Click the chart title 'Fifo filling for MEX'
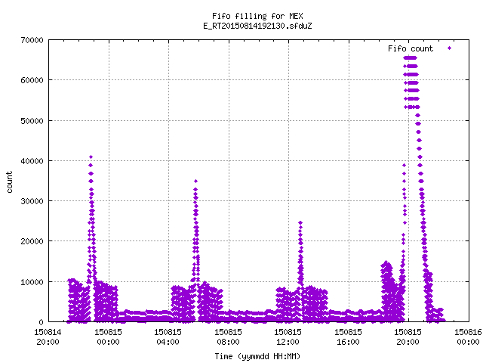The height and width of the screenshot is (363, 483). [257, 16]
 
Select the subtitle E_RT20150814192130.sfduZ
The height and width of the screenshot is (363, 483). [257, 26]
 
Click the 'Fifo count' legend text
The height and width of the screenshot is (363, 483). [411, 48]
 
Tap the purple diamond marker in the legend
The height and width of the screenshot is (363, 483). [450, 48]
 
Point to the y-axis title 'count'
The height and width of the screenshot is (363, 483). [10, 182]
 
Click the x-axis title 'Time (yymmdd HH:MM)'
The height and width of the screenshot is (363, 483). [257, 356]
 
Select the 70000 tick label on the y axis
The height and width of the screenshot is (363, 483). [32, 40]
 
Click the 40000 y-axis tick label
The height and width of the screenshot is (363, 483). [32, 161]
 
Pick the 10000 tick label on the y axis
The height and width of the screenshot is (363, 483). [32, 282]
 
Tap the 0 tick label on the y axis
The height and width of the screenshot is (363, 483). [41, 322]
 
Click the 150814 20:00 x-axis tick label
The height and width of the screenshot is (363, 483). [48, 337]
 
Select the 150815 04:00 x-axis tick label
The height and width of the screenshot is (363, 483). [168, 337]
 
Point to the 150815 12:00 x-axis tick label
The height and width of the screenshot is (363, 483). [288, 337]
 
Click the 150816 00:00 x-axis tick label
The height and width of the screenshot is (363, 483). [468, 337]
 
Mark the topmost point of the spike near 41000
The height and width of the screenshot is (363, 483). [91, 157]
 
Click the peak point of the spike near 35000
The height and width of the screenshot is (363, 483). [195, 181]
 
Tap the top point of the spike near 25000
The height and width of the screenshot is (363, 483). [300, 222]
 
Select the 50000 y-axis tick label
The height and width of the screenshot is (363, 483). [32, 121]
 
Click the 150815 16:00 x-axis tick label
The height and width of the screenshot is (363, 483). [348, 337]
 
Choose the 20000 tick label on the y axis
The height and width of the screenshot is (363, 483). [32, 241]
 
